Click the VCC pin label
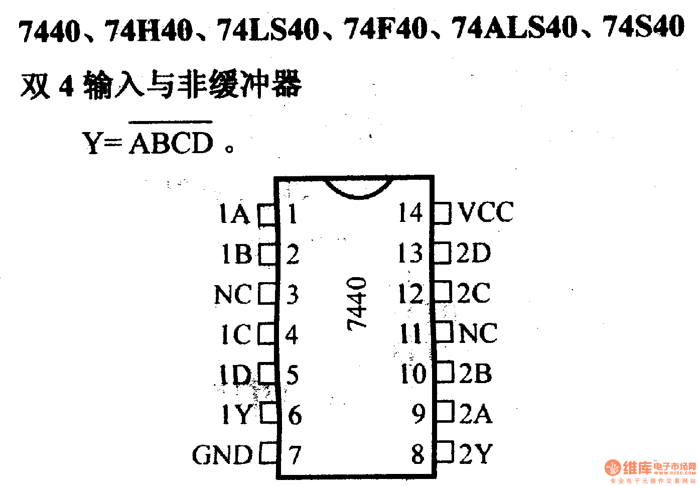tap(486, 212)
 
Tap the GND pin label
tap(222, 455)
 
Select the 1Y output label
tap(236, 415)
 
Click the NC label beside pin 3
tap(232, 295)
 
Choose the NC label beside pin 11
tap(478, 333)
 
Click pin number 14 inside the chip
tap(410, 213)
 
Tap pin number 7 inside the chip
tap(295, 455)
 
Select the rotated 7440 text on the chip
tap(357, 303)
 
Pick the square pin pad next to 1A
tap(267, 214)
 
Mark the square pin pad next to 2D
tap(443, 253)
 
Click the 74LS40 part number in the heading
tap(268, 30)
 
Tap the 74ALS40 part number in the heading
tap(515, 28)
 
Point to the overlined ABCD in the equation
tap(172, 143)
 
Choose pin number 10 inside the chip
tap(413, 374)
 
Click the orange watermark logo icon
tap(613, 468)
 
